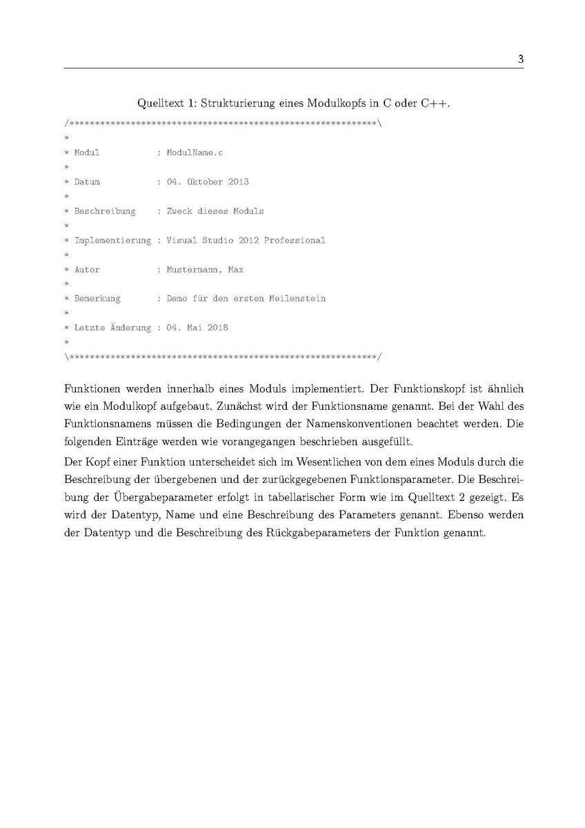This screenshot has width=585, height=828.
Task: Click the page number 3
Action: point(520,59)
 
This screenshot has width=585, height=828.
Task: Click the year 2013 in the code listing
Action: point(239,182)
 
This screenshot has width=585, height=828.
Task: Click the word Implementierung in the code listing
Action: point(112,241)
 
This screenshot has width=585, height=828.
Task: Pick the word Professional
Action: point(295,241)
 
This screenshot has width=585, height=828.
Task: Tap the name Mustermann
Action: point(195,270)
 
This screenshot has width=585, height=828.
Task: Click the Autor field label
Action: point(87,270)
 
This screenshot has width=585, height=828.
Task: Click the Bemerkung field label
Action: point(97,299)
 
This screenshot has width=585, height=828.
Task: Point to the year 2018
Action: point(218,328)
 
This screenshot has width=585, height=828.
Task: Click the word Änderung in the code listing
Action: point(130,328)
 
